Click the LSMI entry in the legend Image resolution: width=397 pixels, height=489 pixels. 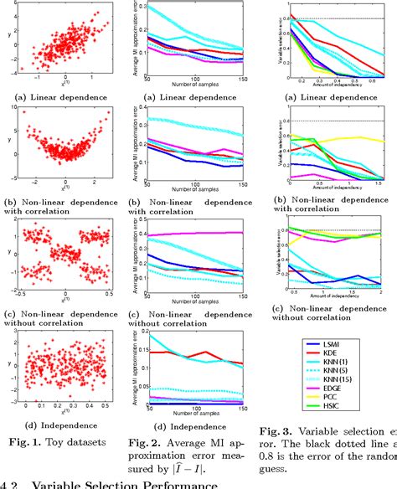pos(322,344)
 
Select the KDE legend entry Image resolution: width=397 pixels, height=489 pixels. pos(322,355)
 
